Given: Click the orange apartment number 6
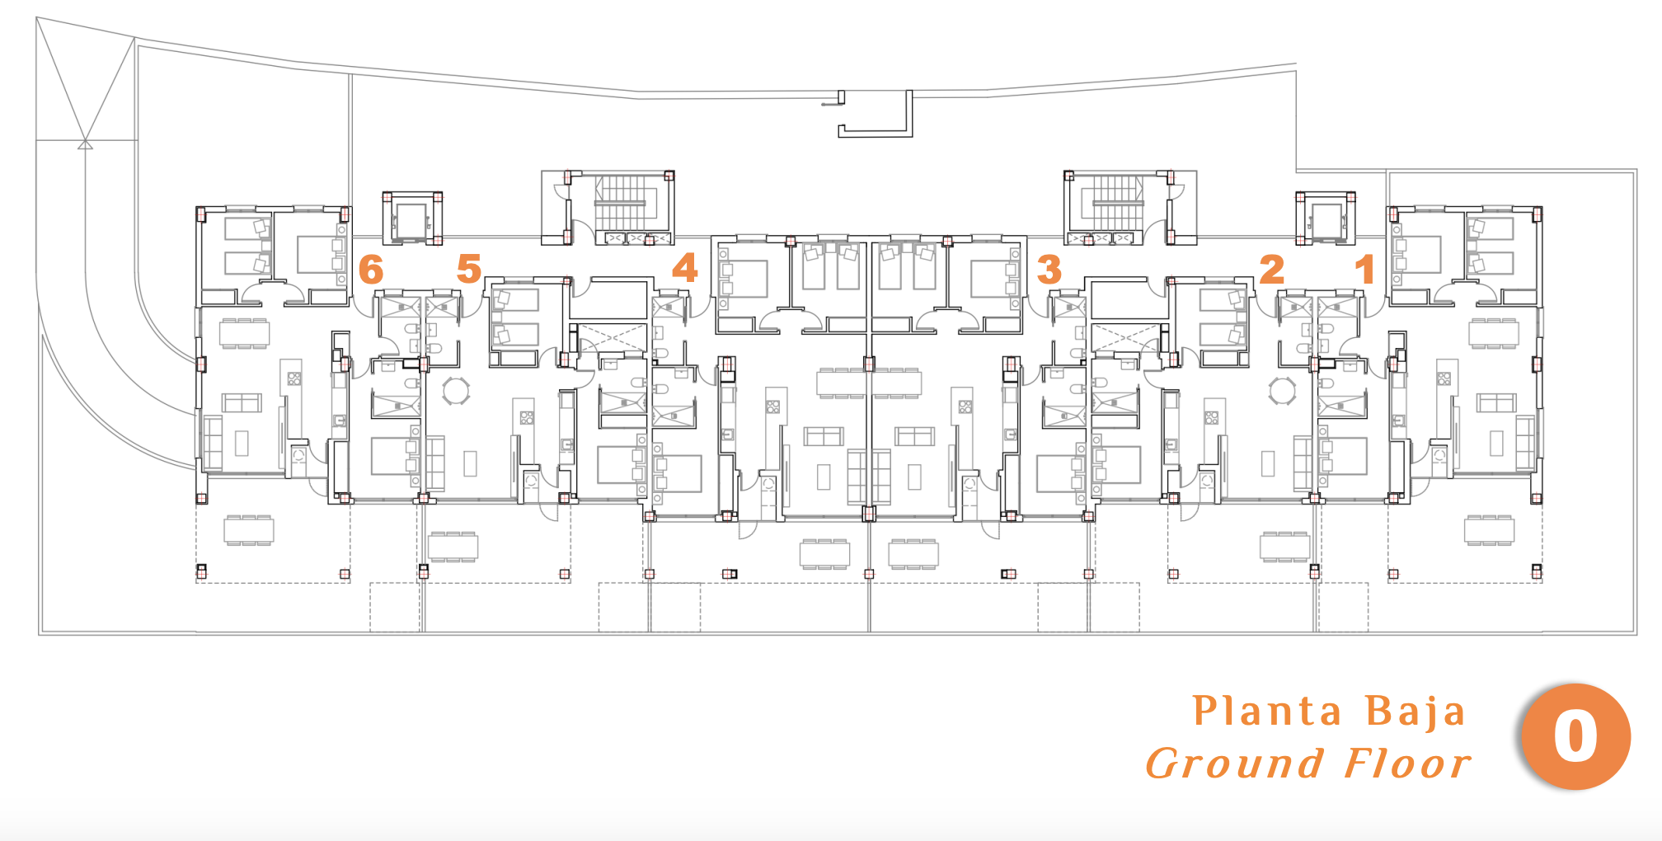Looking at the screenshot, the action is (371, 270).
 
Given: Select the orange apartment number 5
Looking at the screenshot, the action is (469, 268).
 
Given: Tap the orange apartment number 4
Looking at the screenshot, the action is (685, 267).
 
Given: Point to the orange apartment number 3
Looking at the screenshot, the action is (1049, 269).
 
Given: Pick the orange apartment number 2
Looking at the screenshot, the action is (1272, 269).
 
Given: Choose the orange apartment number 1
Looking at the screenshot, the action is (1365, 269).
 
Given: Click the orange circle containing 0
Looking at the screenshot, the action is (1575, 736).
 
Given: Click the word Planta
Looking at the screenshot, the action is (1267, 711).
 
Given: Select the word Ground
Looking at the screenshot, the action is (1234, 763).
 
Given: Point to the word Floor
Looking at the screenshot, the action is (1407, 763).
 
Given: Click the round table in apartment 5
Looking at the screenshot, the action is (456, 391).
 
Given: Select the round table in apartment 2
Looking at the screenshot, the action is (1282, 391).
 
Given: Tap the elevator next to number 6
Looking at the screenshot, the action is (412, 218).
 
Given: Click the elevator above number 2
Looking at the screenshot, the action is (1326, 218).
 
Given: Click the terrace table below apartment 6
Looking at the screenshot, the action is (248, 530).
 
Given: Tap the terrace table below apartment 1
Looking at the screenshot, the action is (1490, 530).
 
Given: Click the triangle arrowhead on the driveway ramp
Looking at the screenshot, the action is (85, 144).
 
